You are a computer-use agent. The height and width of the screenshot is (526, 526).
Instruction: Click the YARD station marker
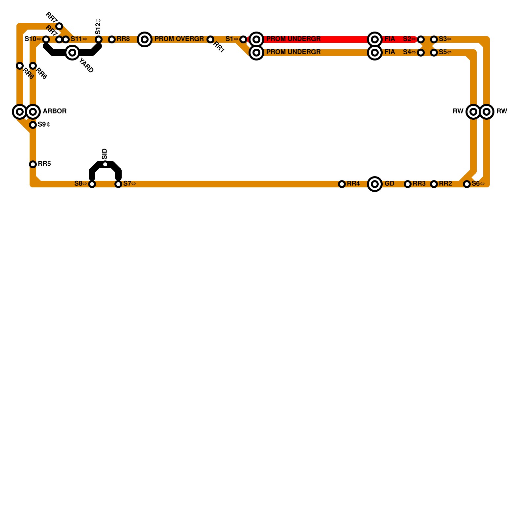click(72, 53)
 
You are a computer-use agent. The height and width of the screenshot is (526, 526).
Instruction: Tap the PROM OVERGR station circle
click(145, 39)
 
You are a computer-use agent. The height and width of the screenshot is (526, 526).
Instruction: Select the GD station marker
click(375, 184)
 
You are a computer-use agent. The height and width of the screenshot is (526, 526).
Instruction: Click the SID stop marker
click(105, 164)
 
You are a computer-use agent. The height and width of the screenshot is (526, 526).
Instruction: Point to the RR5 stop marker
click(33, 164)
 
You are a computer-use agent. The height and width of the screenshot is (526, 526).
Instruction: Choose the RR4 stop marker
click(342, 184)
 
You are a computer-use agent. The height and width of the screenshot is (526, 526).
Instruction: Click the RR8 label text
click(123, 39)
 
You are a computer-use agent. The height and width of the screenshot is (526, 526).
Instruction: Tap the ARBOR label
click(55, 111)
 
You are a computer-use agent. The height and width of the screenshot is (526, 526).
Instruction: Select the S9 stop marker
click(33, 125)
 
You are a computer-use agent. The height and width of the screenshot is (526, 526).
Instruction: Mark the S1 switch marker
click(243, 39)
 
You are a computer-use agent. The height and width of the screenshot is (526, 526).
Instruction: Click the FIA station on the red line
click(375, 39)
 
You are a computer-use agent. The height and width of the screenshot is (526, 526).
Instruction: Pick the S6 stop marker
click(467, 184)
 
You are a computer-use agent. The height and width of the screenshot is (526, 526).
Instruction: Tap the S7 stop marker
click(118, 184)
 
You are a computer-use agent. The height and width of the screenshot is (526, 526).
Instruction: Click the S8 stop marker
click(92, 184)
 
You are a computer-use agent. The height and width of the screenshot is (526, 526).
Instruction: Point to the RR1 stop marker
click(210, 39)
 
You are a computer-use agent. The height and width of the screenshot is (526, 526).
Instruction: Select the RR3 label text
click(419, 183)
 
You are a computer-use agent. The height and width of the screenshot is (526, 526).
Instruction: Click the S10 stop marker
click(46, 39)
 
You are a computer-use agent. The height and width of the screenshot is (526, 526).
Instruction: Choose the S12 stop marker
click(99, 39)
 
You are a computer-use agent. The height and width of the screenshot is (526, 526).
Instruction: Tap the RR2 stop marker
click(434, 184)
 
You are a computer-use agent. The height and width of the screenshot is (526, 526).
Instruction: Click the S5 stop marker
click(434, 53)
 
